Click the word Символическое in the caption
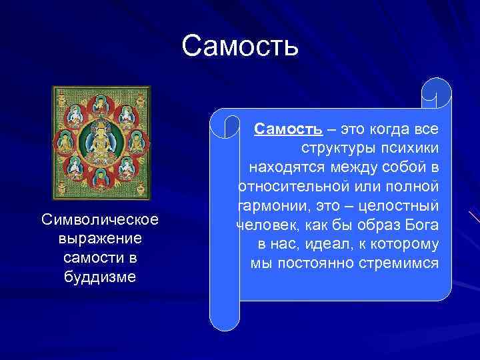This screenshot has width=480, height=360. coord(99,219)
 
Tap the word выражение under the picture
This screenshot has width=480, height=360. coord(99,238)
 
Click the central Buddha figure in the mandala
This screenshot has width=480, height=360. coord(102,140)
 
